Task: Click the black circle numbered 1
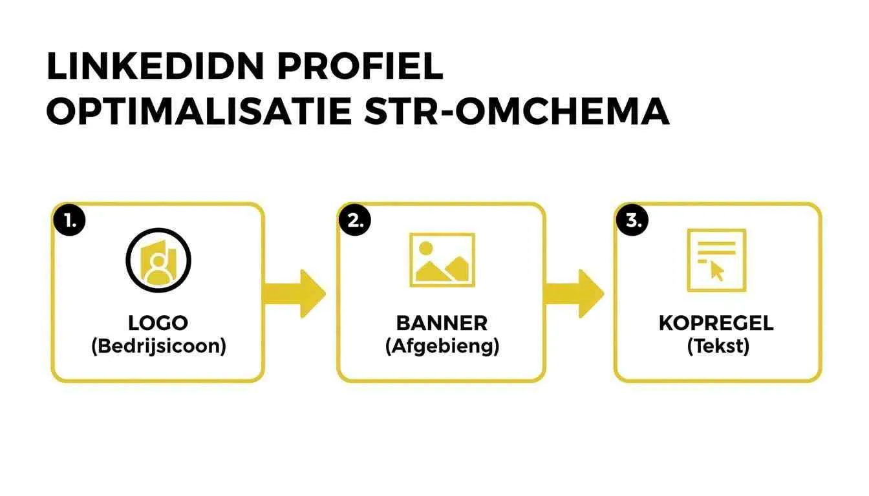(x=69, y=220)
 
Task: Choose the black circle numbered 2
(x=354, y=220)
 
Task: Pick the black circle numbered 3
(x=632, y=220)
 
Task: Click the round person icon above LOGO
(x=158, y=260)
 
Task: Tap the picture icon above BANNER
(x=442, y=260)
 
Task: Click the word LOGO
(x=158, y=323)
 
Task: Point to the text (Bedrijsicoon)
(x=158, y=346)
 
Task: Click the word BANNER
(x=442, y=323)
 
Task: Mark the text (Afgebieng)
(x=442, y=346)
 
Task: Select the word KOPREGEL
(x=716, y=323)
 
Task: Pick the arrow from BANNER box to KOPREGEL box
(x=575, y=293)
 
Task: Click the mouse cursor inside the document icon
(x=718, y=270)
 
